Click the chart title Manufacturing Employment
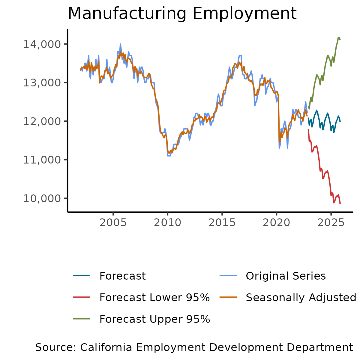click(x=182, y=13)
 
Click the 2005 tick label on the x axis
click(x=113, y=223)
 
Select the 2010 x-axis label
click(x=167, y=223)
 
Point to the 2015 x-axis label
click(x=222, y=223)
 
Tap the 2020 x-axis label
click(x=276, y=223)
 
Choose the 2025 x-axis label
click(x=331, y=223)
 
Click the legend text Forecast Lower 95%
click(x=154, y=298)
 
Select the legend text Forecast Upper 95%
click(x=154, y=319)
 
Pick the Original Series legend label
click(x=286, y=276)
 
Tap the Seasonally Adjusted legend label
click(x=301, y=298)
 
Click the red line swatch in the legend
click(x=82, y=297)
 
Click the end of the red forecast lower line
click(x=340, y=203)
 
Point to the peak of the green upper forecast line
click(x=338, y=37)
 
